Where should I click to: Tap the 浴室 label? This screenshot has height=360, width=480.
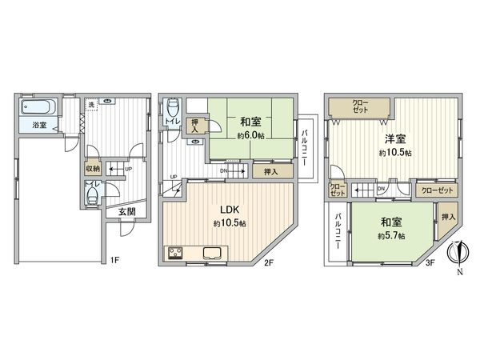(x=39, y=126)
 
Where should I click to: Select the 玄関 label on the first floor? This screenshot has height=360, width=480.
(x=127, y=212)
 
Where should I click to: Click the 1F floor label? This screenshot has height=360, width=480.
(x=114, y=260)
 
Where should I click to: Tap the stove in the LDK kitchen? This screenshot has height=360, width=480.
(x=177, y=255)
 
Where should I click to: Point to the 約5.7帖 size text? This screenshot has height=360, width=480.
(x=391, y=237)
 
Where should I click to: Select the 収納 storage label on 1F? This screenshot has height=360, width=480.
(x=93, y=169)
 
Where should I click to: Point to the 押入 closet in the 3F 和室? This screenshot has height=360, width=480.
(x=447, y=217)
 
